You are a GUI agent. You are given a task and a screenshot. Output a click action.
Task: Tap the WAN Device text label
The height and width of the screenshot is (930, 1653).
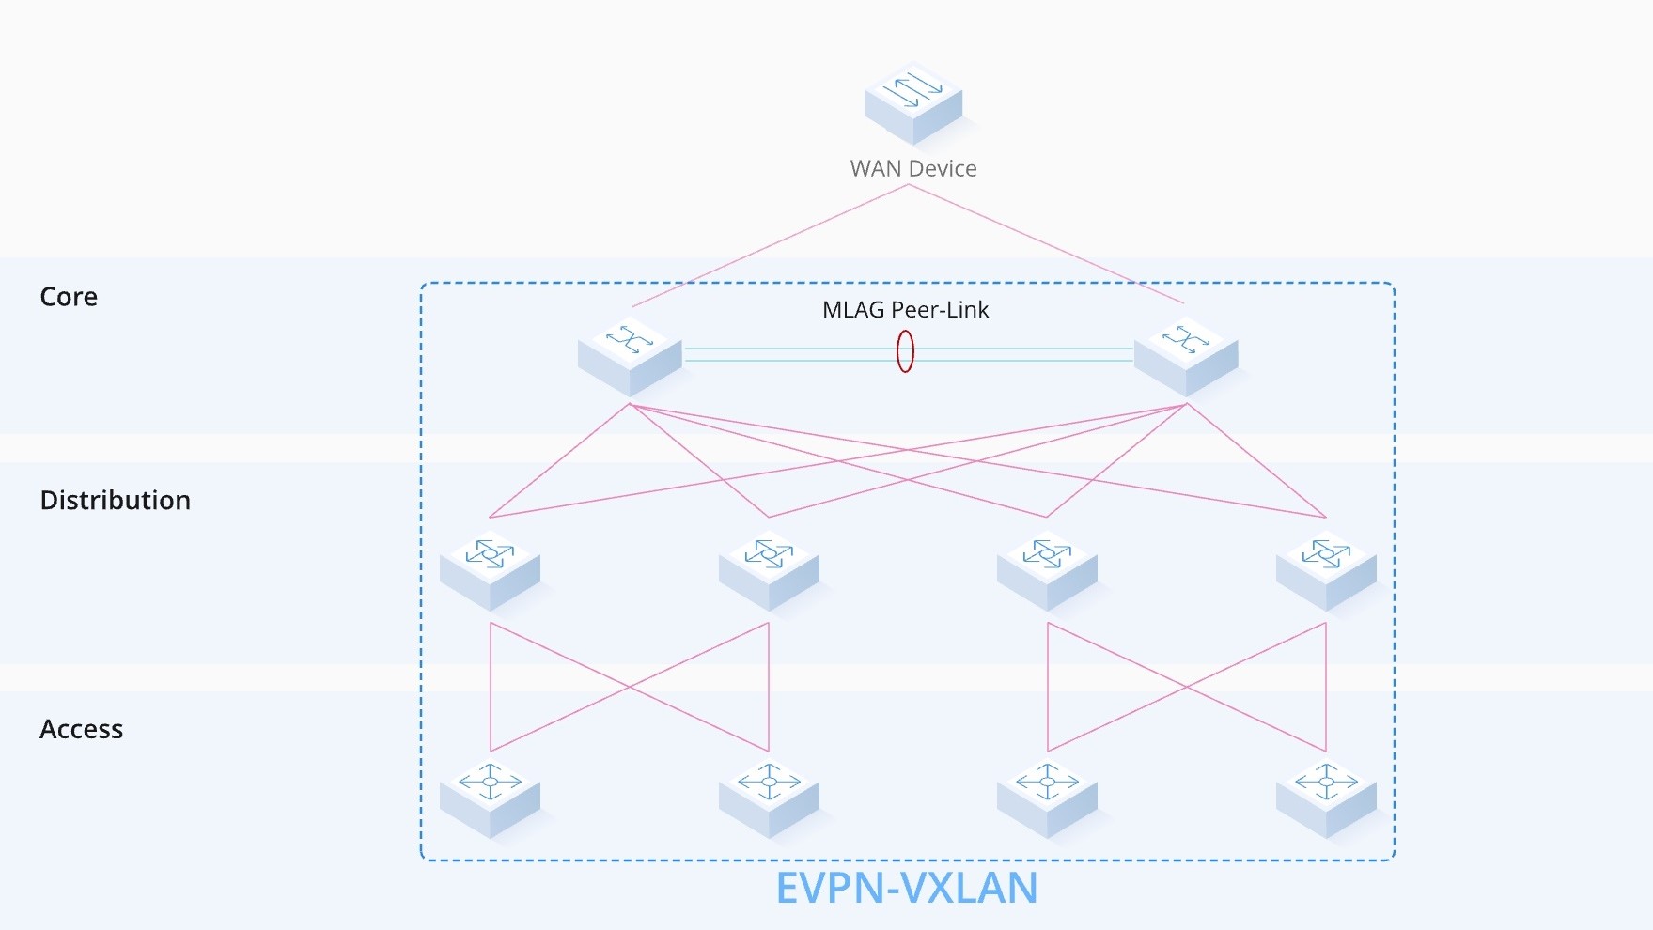coord(913,169)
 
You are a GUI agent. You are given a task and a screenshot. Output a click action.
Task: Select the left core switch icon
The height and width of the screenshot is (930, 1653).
coord(630,355)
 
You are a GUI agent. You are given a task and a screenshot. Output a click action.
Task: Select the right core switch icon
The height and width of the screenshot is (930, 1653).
coord(1186,355)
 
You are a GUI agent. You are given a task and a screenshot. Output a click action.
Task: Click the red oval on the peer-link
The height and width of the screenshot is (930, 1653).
coord(905,352)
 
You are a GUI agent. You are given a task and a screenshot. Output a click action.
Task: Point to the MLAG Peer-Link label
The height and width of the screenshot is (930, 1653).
coord(905,310)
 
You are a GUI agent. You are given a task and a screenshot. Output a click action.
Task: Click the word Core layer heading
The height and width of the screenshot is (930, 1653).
coord(69,297)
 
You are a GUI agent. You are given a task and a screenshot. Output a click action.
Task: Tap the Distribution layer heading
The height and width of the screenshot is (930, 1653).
coord(115,500)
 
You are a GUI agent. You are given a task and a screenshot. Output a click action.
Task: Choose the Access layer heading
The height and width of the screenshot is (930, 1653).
coord(81,729)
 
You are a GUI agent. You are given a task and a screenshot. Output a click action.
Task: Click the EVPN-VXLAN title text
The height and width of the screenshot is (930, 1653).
coord(906,888)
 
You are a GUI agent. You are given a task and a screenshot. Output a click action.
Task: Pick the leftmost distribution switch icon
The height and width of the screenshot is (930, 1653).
coord(490,569)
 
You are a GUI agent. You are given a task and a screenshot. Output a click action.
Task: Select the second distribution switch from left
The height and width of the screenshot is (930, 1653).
coord(769,569)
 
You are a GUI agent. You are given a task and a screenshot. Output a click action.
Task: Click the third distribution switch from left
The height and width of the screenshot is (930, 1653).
coord(1047,569)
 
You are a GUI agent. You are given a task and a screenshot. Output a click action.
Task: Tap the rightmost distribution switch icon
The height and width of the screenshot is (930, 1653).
coord(1326,569)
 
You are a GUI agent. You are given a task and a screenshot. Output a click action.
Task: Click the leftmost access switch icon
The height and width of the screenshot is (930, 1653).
coord(490,798)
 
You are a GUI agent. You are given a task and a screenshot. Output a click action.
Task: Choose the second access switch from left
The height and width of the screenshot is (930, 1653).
coord(769,798)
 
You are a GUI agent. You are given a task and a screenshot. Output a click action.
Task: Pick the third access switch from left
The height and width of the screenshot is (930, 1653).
coord(1047,798)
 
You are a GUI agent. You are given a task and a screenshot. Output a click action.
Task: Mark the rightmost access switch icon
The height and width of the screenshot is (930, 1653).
coord(1326,798)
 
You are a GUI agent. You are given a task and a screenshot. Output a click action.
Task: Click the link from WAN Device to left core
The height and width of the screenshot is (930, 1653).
coord(771,245)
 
